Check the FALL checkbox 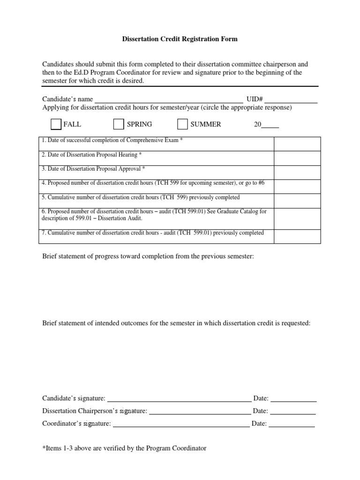point(56,124)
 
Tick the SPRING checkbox point(119,124)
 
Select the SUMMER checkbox point(182,124)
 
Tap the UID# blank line point(291,100)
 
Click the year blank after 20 point(270,125)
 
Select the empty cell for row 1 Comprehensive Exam point(297,144)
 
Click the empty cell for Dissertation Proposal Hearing point(297,158)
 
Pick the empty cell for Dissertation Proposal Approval point(297,172)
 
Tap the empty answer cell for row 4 point(297,187)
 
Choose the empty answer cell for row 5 point(297,201)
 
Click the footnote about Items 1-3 point(124,449)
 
